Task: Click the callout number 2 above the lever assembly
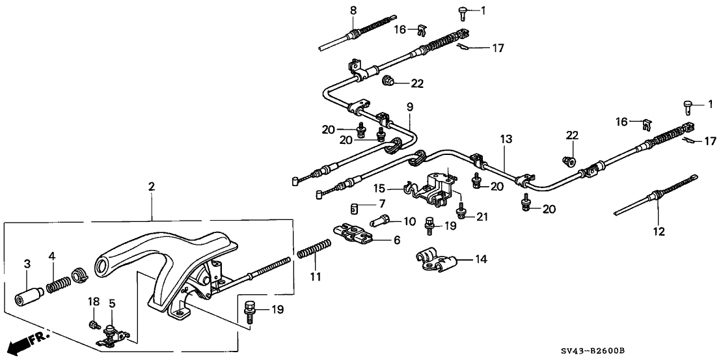click(x=152, y=187)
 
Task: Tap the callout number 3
click(x=27, y=263)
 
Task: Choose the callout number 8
click(x=353, y=10)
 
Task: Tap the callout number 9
click(x=409, y=106)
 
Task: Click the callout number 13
click(x=507, y=139)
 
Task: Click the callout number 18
click(x=93, y=302)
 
